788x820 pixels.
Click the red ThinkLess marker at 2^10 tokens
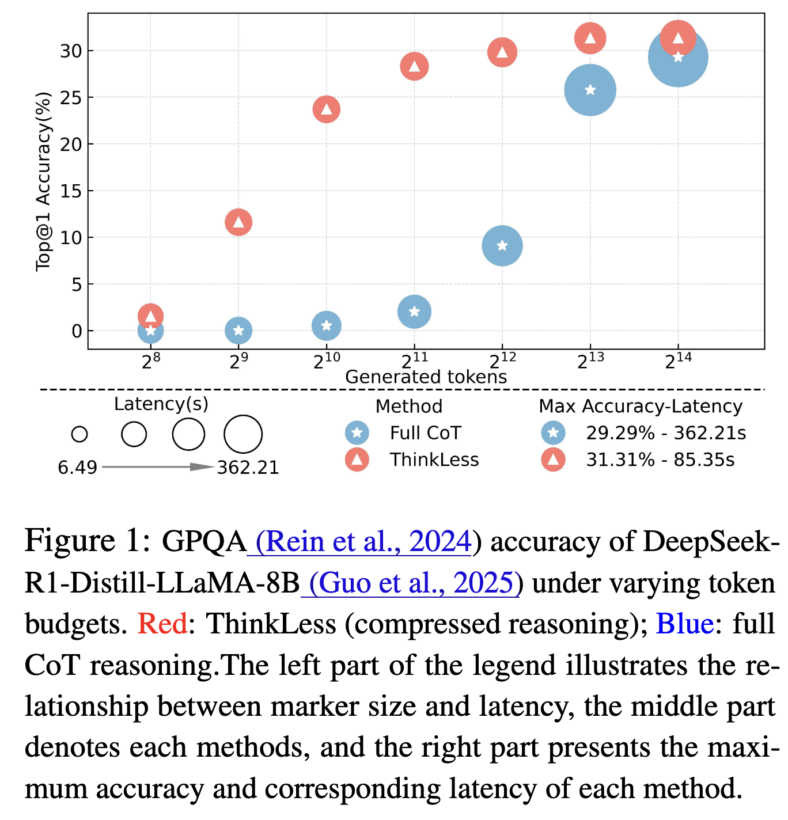[x=327, y=109]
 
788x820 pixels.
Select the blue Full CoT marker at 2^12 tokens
[x=502, y=246]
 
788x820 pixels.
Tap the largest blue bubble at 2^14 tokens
[x=678, y=58]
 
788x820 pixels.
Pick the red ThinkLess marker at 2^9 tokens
[x=238, y=222]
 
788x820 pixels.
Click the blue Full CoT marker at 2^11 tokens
[x=414, y=312]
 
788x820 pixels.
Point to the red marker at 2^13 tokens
[x=590, y=39]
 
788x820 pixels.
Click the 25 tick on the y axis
[x=71, y=98]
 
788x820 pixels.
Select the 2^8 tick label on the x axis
[x=150, y=362]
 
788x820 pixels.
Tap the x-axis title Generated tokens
[x=426, y=377]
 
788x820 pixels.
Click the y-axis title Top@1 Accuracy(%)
[x=44, y=181]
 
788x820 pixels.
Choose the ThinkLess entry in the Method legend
[x=434, y=460]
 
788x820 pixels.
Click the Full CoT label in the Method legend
[x=425, y=433]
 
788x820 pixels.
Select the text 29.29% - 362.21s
[x=665, y=433]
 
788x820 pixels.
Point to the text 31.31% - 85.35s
[x=660, y=460]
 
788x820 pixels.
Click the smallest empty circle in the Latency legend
[x=79, y=434]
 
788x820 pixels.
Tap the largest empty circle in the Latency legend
[x=243, y=434]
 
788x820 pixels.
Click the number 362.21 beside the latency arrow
[x=248, y=468]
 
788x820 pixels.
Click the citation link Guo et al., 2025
[x=411, y=583]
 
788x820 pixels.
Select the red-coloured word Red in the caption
[x=162, y=624]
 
